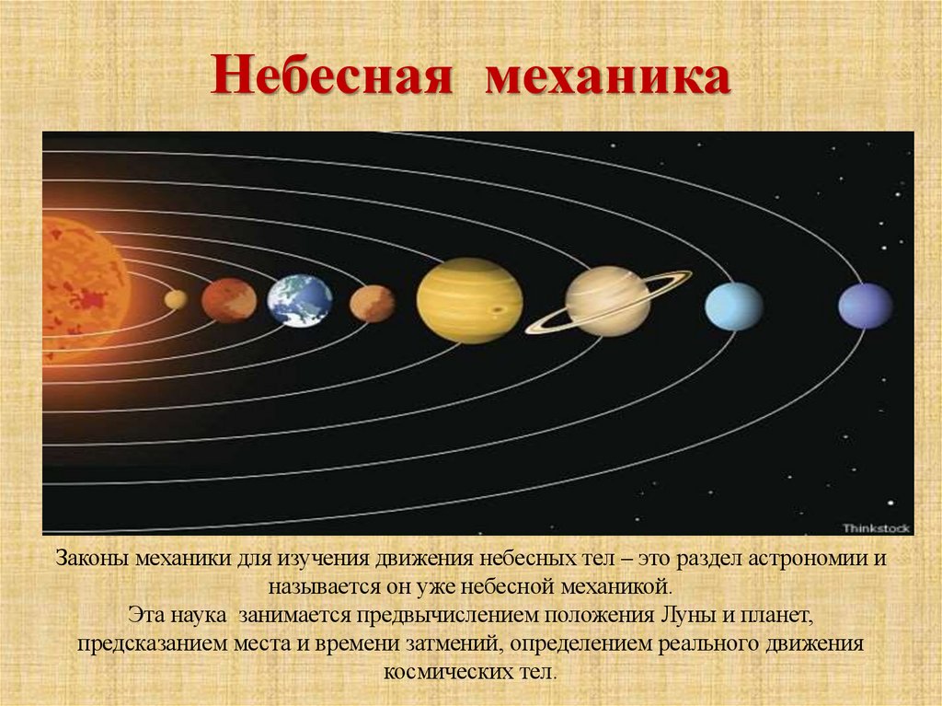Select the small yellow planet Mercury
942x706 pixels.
(176, 299)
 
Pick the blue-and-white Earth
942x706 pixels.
(300, 300)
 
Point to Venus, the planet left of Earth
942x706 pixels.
(229, 300)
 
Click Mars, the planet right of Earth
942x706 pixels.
(372, 303)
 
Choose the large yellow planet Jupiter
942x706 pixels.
(469, 300)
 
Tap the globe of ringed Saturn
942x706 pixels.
(608, 301)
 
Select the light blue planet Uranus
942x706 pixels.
(733, 306)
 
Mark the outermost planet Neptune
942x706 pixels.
(865, 306)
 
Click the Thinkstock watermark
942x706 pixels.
(876, 527)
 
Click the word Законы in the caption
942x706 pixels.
(93, 560)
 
